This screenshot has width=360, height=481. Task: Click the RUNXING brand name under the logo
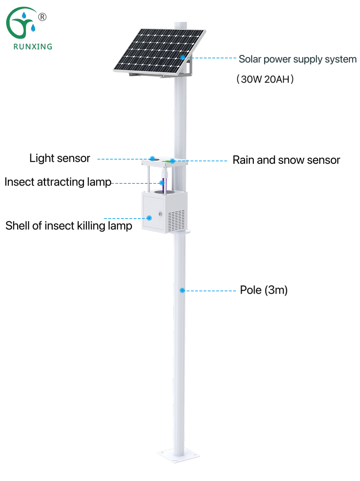[33, 46]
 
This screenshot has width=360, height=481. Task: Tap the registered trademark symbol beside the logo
[42, 17]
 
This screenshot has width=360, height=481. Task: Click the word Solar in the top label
[250, 59]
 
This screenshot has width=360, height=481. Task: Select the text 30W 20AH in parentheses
[265, 79]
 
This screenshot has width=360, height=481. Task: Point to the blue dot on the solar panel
[182, 57]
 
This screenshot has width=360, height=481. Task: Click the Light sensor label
[60, 158]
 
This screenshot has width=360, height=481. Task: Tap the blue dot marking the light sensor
[152, 158]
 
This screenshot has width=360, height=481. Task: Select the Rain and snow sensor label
[286, 160]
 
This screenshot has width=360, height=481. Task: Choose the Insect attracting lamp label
[58, 182]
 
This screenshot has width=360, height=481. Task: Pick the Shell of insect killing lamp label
[69, 226]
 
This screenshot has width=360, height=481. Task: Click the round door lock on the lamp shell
[160, 214]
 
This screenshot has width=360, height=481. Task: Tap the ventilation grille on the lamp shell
[176, 220]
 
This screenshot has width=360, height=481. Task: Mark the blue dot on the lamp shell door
[149, 218]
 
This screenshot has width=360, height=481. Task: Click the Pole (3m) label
[264, 290]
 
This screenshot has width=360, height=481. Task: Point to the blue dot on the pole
[182, 290]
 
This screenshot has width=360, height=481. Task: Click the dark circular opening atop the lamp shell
[164, 192]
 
